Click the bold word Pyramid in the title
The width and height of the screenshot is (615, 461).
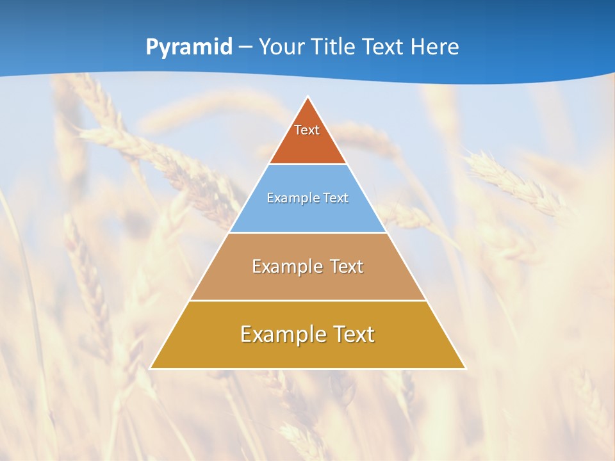pyautogui.click(x=188, y=47)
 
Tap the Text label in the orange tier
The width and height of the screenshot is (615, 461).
pyautogui.click(x=307, y=130)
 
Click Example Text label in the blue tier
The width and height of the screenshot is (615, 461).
pyautogui.click(x=307, y=198)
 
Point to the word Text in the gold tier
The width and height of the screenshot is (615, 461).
pyautogui.click(x=353, y=334)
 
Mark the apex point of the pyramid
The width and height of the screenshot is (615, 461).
pyautogui.click(x=307, y=97)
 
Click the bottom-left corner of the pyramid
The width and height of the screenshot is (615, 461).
pyautogui.click(x=151, y=368)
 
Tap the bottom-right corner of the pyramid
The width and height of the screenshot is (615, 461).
pyautogui.click(x=465, y=368)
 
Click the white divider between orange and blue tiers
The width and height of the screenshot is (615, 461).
pyautogui.click(x=307, y=165)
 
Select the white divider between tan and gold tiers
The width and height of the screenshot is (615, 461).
pyautogui.click(x=307, y=300)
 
